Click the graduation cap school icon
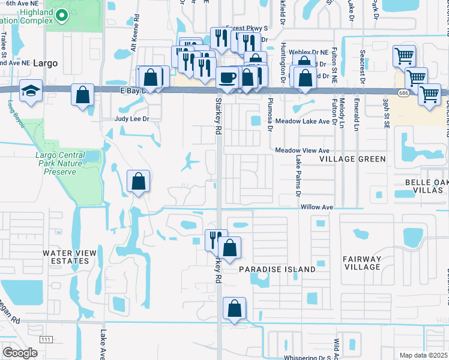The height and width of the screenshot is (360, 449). click(28, 91)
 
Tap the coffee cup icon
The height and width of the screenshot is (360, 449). click(226, 77)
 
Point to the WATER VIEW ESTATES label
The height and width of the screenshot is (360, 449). click(70, 257)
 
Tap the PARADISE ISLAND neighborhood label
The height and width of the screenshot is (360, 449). click(277, 269)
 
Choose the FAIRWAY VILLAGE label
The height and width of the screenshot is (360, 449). click(362, 263)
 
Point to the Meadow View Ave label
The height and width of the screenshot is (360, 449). click(303, 150)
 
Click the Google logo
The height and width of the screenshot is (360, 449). click(20, 353)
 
